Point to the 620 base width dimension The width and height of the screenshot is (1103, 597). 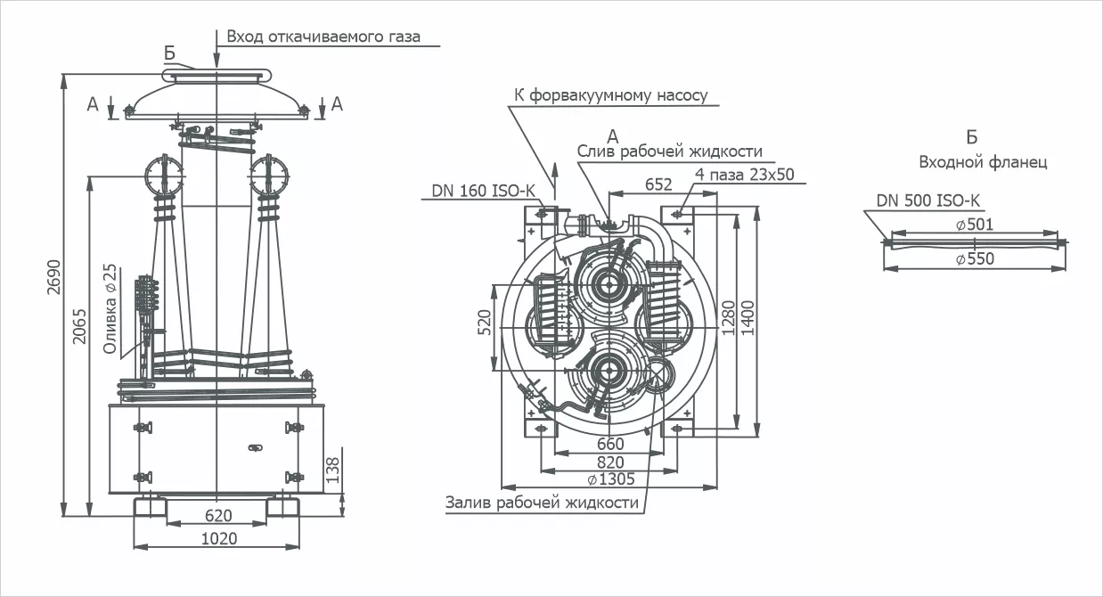tap(217, 515)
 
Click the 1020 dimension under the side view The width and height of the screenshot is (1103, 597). tap(217, 538)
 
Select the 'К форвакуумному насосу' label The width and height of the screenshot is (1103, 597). tap(610, 95)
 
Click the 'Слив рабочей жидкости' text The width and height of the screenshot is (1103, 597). tap(669, 151)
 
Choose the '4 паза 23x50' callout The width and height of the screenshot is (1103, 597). tap(747, 175)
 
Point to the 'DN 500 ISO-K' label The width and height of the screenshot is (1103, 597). tap(927, 200)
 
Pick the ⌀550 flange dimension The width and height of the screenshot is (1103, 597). tap(974, 259)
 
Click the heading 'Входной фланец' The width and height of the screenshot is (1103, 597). tap(983, 163)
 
